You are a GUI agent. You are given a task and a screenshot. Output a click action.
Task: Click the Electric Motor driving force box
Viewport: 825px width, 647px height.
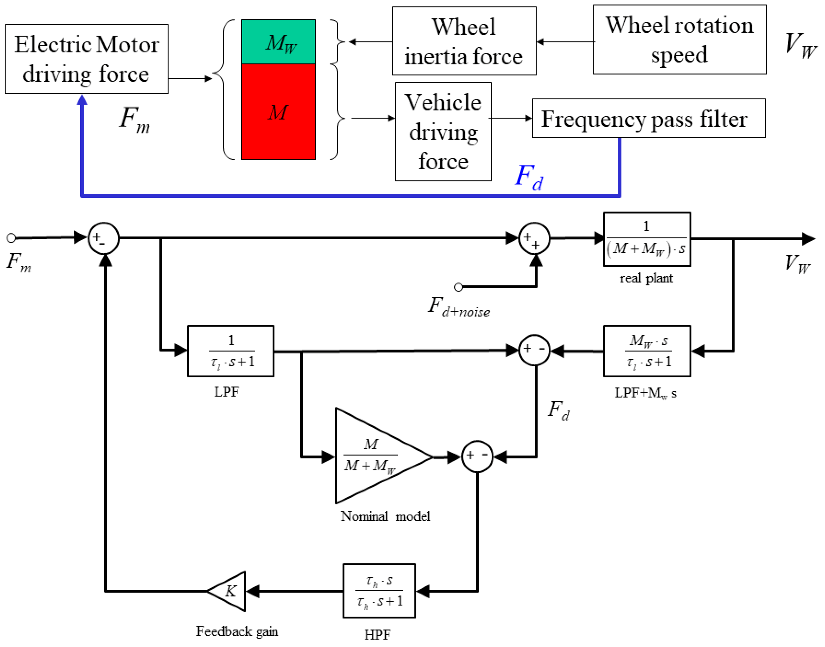coord(86,59)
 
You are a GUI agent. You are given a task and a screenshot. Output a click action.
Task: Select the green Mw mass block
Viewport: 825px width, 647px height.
coord(279,42)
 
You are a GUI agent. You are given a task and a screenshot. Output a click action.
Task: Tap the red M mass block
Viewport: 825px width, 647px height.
coord(279,112)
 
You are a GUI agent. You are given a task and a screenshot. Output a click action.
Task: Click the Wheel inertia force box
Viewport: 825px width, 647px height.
coord(464,41)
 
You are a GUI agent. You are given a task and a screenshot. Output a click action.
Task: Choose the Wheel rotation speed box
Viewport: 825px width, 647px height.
coord(679,39)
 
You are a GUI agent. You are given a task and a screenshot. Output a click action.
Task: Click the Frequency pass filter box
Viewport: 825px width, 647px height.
coord(648,119)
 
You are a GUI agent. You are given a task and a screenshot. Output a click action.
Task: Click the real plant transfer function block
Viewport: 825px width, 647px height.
coord(647,239)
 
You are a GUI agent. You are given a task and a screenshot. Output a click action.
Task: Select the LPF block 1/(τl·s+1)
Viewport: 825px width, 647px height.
coord(230,351)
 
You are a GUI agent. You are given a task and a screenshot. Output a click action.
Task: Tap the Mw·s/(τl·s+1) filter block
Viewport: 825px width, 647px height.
coord(647,351)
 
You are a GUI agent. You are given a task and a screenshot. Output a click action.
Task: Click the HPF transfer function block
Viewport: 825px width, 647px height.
coord(379,591)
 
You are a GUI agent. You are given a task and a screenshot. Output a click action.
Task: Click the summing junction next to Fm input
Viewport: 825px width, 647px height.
coord(103,238)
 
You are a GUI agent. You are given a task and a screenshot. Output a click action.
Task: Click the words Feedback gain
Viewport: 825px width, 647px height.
coord(237,631)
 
